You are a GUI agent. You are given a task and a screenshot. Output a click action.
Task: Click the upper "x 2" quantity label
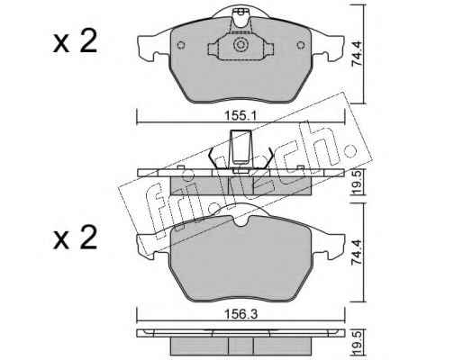coord(75,42)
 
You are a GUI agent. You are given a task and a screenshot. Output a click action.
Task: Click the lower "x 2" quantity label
coord(75,238)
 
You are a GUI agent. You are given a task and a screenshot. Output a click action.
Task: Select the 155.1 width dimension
coord(241,115)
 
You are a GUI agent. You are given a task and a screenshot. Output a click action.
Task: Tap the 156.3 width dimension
coord(241,314)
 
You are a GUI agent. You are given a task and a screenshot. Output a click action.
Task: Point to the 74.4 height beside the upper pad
coord(358,54)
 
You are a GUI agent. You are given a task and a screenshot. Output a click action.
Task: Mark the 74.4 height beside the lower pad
coord(358,252)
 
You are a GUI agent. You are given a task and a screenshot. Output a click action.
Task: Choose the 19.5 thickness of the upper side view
coord(358,183)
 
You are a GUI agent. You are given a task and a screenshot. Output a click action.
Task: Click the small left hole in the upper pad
coord(180,45)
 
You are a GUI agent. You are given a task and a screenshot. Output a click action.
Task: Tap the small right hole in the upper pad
coord(301,45)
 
